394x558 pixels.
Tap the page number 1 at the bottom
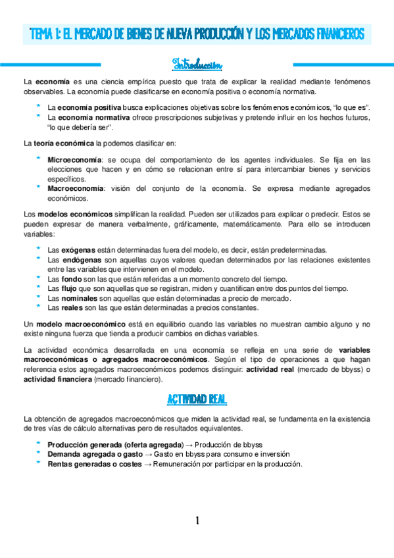197,521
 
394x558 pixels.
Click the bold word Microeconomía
74,160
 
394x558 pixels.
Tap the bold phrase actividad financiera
57,380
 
